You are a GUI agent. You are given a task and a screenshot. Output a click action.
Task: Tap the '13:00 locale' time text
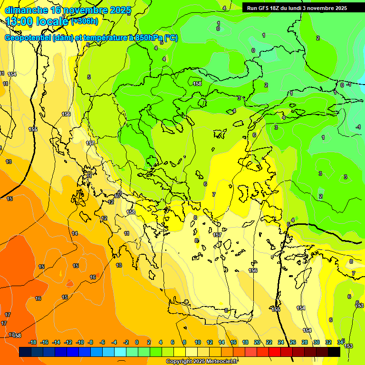point(38,21)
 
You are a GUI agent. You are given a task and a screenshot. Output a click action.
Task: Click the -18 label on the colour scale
point(33,342)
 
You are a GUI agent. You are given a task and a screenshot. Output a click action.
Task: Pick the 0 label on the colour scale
point(137,342)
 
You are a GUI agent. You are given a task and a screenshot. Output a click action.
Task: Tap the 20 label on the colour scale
point(257,342)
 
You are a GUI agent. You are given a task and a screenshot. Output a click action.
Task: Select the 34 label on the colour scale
point(340,342)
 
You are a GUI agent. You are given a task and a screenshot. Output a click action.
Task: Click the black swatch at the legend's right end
point(334,352)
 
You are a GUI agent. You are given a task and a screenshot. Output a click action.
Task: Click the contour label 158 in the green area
point(197,83)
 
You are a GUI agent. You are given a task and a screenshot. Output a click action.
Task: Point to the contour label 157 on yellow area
point(217,235)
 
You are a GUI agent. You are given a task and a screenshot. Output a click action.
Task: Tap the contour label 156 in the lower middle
point(253,270)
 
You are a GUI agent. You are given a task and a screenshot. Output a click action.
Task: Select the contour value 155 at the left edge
point(33,129)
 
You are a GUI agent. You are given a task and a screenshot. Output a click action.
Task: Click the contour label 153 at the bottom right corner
point(349,346)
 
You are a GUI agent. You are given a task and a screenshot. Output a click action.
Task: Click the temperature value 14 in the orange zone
point(75,233)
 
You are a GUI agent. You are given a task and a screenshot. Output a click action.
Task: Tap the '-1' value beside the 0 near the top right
point(349,85)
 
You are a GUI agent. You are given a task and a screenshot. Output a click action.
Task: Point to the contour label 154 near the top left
point(12,74)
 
